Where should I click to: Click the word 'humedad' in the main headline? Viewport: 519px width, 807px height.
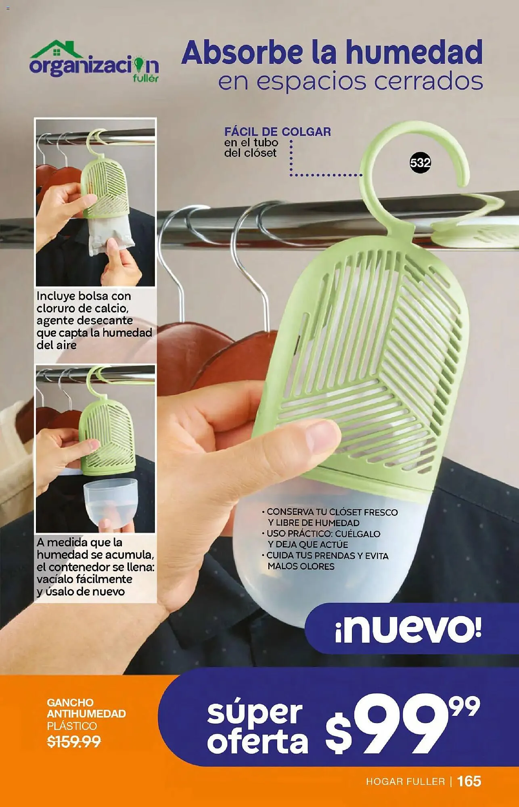click(414, 52)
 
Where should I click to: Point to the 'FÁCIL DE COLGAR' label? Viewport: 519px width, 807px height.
click(278, 132)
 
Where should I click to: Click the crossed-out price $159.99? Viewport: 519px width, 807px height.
click(74, 742)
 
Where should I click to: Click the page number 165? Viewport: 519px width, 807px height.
click(469, 781)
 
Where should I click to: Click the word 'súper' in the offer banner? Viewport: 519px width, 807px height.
click(255, 713)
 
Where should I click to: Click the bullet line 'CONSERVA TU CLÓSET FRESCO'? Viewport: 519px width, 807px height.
click(330, 512)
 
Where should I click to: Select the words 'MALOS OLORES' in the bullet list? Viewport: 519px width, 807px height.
click(301, 567)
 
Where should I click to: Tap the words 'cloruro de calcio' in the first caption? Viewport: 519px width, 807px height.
click(82, 308)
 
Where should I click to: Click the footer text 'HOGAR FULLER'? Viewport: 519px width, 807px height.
click(405, 782)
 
